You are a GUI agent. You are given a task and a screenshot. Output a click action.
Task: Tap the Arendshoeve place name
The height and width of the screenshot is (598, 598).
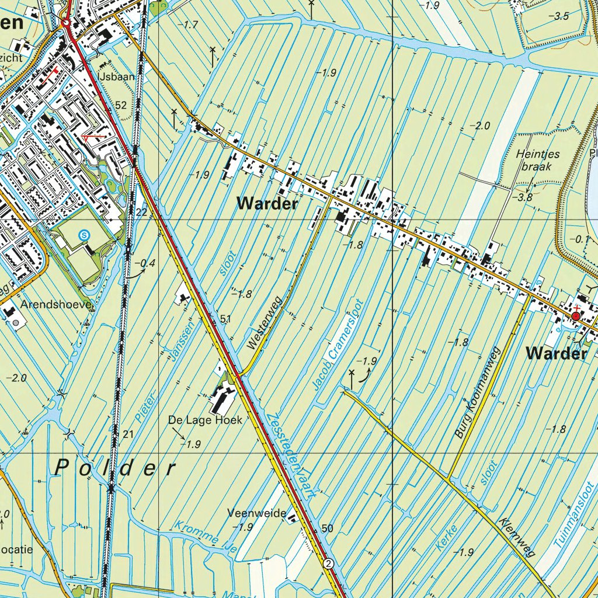[x=56, y=305]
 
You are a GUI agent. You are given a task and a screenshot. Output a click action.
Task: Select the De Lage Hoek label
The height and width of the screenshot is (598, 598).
[x=205, y=420]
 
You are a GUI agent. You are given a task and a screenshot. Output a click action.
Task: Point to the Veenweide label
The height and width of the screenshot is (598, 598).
[x=257, y=513]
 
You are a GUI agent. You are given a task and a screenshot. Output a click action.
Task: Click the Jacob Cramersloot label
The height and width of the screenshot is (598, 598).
[x=338, y=345]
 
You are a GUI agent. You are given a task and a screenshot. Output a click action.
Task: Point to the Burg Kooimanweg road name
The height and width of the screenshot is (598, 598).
[x=478, y=392]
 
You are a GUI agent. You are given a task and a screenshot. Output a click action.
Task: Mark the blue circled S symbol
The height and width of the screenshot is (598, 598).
[x=85, y=235]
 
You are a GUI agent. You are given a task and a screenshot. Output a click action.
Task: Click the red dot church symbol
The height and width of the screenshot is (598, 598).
[x=576, y=316]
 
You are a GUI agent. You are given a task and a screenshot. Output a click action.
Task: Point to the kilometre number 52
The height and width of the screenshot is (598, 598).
[x=121, y=105]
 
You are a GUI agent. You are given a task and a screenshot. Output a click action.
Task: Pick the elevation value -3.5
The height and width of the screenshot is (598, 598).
[x=559, y=16]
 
